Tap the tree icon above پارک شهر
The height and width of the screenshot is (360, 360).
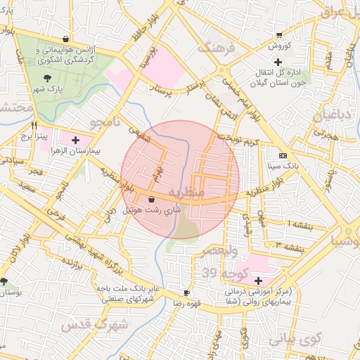(47, 78)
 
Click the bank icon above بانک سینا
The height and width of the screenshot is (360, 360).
(283, 155)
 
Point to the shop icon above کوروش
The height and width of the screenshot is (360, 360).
(279, 34)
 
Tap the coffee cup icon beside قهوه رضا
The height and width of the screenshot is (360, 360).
(186, 292)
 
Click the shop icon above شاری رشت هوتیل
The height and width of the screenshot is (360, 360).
(152, 200)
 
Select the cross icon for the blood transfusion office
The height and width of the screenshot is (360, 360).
(278, 63)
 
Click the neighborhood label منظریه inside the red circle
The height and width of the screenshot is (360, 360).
(187, 191)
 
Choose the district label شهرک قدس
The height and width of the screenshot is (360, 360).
(94, 326)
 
